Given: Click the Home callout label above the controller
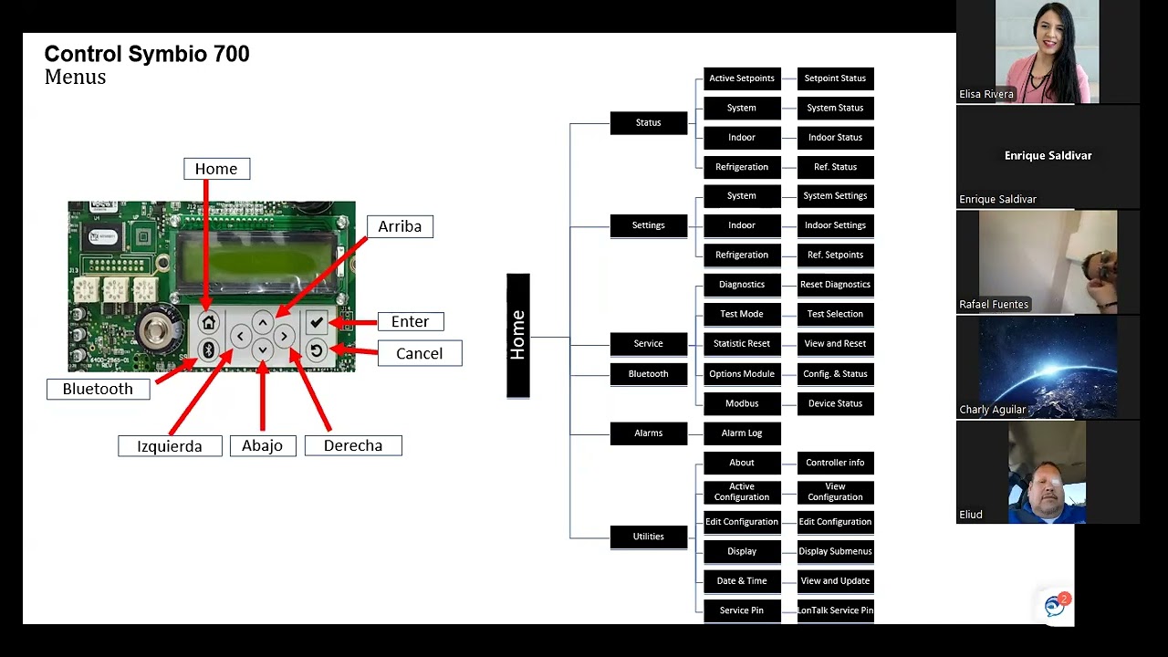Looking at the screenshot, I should point(216,169).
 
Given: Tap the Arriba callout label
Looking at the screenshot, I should point(400,226).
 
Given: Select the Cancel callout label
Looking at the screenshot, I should point(419,353).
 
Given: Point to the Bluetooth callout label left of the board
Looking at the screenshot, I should point(98,389).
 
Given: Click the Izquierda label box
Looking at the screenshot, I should point(170,445).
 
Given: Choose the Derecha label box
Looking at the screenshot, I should point(352,445).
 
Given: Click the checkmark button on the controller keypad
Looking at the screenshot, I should point(316,321).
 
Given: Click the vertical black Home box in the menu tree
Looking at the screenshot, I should point(517,336).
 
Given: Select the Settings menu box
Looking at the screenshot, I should point(648,225).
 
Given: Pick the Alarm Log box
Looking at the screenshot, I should point(742,433).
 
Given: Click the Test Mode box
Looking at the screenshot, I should point(742,314).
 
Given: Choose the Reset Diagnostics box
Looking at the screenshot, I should point(835,285).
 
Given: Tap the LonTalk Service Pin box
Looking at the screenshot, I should point(835,610).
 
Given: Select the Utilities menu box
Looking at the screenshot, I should point(648,537).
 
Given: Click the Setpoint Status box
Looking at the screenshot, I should point(835,78).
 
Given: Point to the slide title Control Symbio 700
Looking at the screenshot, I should point(147,54).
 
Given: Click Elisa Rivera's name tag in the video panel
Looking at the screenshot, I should point(986,94).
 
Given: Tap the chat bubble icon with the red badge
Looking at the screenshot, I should point(1056,605).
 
